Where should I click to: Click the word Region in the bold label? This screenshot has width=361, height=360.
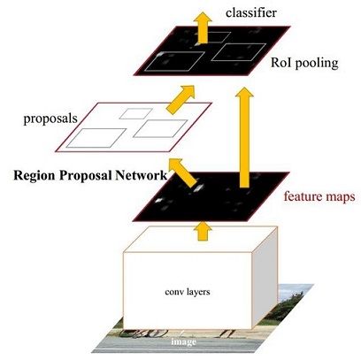[x=36, y=174]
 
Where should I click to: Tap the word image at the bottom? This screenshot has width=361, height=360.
[x=184, y=338]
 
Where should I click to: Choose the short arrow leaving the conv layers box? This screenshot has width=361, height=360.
[x=204, y=230]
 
